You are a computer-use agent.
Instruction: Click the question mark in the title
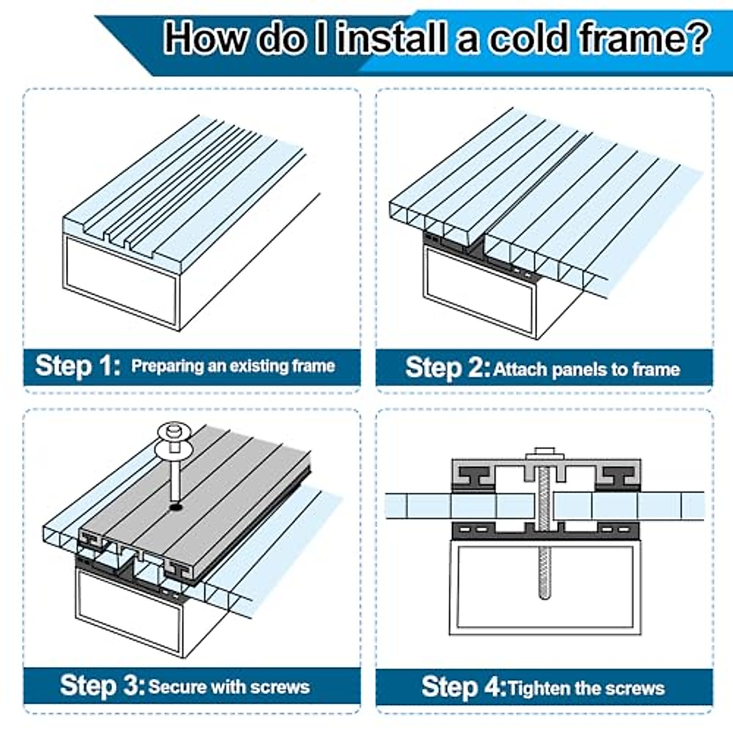coord(695,38)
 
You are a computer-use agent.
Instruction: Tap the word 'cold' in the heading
coord(528,38)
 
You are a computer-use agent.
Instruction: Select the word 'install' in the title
coord(391,38)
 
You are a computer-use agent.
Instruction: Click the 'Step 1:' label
coord(78,365)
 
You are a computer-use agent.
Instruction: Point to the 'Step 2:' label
coord(448,368)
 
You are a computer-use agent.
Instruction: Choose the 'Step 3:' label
coord(103,685)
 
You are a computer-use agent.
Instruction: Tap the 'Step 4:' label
coord(464,687)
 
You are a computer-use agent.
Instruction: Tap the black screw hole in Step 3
coord(175,507)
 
